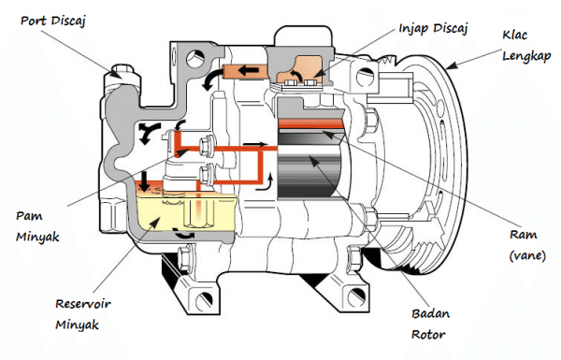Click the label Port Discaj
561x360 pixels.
coord(53,22)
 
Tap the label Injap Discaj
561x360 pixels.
coord(433,29)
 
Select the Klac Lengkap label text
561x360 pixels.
coord(526,46)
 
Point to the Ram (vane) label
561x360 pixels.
coord(527,246)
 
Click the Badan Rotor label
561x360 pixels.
coord(430,324)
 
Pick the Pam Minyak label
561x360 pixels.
coord(37,226)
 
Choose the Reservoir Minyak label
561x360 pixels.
coord(83,314)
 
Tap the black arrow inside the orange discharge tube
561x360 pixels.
coord(249,70)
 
